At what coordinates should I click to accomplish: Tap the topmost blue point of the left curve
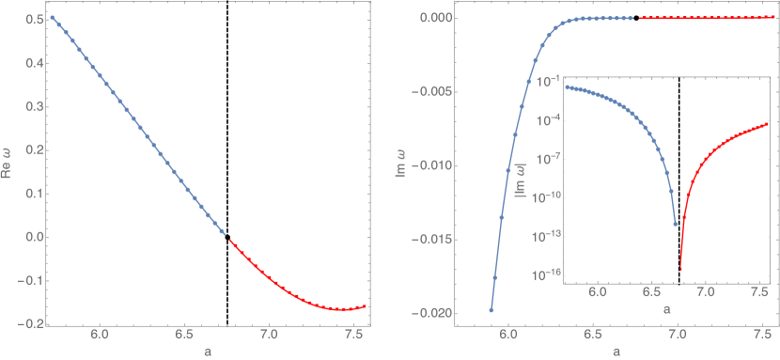[x=53, y=18]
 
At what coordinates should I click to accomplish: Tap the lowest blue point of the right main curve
[x=491, y=309]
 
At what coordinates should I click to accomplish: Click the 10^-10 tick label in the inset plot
[x=546, y=196]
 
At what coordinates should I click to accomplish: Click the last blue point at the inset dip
[x=676, y=224]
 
